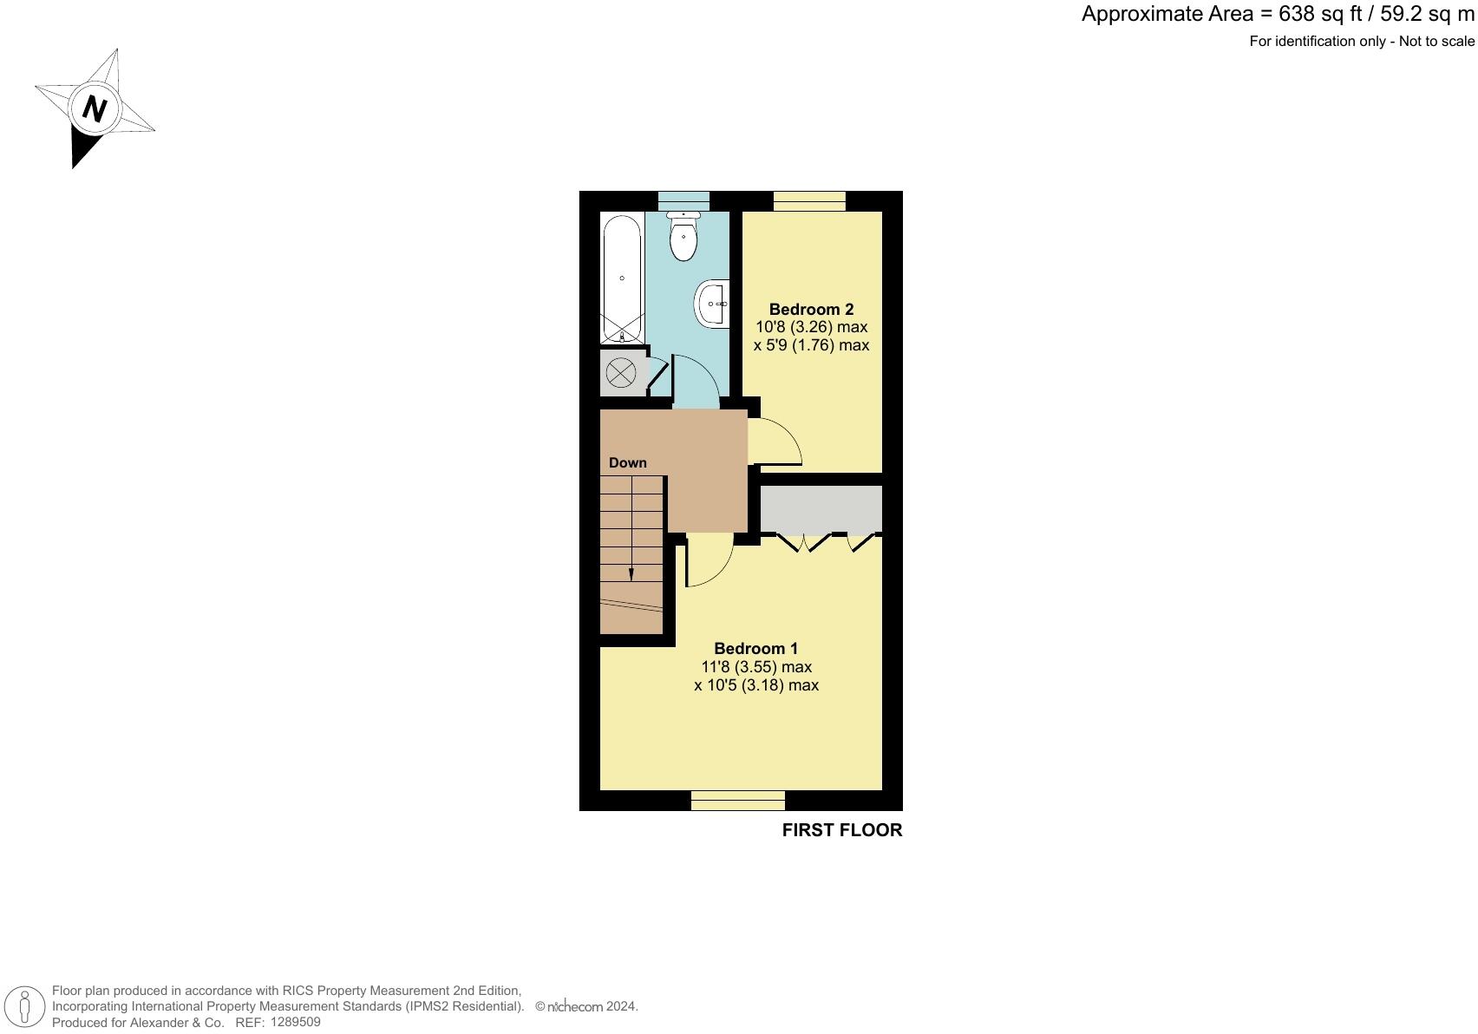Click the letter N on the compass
pos(94,109)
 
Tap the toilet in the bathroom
pos(683,239)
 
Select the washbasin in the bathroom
pos(712,304)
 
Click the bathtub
pos(622,278)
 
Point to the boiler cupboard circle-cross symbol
pos(621,374)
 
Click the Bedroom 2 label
pos(811,310)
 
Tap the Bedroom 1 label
pos(755,649)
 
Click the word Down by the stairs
pos(627,463)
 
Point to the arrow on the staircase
pos(631,573)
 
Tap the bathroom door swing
pos(695,382)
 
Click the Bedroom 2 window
pos(808,201)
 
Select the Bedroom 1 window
pos(737,800)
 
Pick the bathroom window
pos(683,201)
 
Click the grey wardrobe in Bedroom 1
pos(821,508)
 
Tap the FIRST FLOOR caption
pos(841,830)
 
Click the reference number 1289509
pos(295,1022)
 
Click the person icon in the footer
pos(25,1007)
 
